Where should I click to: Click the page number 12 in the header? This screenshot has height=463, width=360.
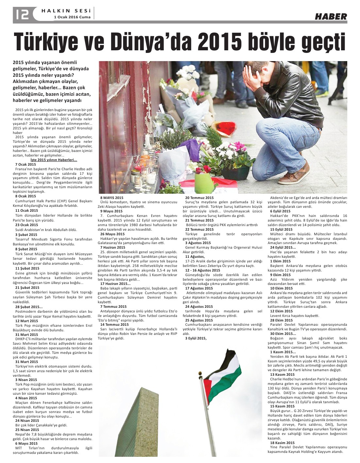[22, 14]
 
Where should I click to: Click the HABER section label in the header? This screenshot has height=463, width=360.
[331, 16]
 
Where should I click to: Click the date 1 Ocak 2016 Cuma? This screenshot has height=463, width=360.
[72, 17]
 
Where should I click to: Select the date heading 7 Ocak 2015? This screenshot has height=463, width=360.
[25, 164]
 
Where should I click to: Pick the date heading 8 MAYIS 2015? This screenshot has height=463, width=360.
[112, 198]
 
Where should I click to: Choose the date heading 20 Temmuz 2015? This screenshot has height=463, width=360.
[199, 198]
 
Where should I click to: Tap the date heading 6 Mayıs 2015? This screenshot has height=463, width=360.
[26, 443]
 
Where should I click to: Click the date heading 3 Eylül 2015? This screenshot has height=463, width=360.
[196, 338]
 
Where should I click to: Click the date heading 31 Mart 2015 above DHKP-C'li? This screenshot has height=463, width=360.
[26, 335]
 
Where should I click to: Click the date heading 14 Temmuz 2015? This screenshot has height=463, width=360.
[114, 324]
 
